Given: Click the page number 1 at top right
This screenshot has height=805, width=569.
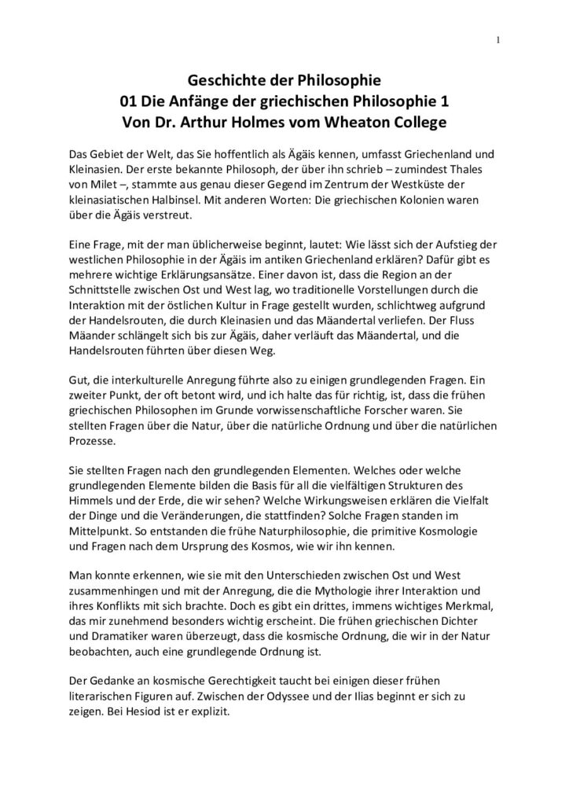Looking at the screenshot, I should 498,42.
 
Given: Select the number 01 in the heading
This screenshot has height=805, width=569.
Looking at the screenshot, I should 129,101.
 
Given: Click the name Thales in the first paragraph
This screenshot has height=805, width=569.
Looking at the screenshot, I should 481,166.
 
